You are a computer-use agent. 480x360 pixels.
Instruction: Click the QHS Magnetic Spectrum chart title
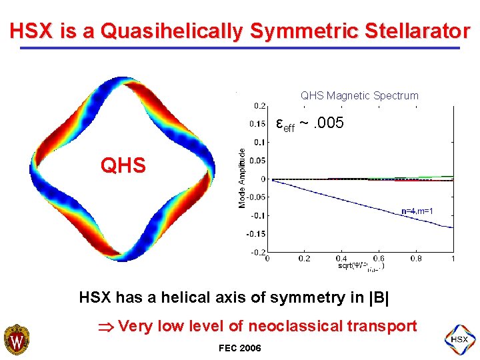359,95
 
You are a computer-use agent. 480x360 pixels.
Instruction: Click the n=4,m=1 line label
418,211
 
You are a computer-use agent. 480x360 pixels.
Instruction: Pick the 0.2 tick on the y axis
258,105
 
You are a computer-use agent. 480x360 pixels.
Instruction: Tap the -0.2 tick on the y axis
256,252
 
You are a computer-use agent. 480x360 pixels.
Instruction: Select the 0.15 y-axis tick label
256,123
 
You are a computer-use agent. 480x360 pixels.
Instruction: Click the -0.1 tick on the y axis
256,215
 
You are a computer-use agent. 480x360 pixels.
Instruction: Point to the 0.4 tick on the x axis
341,258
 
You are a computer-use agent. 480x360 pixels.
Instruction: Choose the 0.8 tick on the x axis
415,258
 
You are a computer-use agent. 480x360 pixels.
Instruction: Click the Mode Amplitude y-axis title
242,178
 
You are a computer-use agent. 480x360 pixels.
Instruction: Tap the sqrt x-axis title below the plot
361,266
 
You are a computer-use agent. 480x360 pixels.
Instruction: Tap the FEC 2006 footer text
239,348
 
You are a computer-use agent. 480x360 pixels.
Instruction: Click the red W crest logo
16,340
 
